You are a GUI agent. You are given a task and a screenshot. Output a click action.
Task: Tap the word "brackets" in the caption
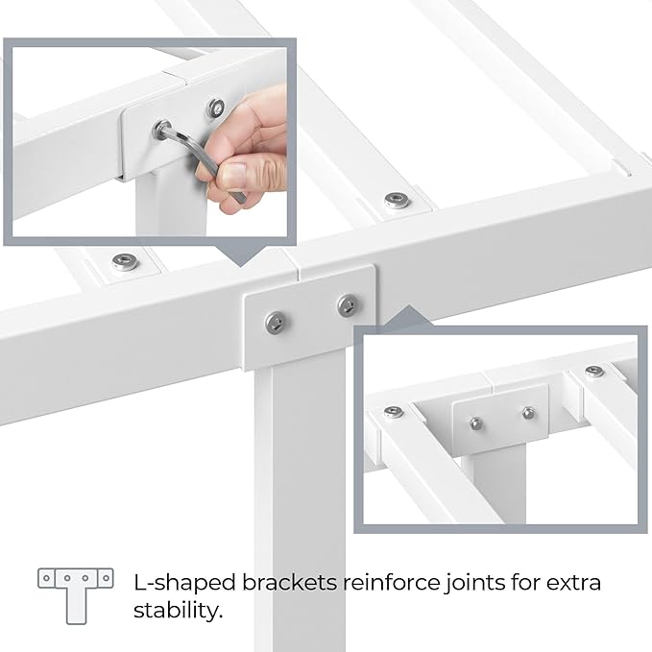coord(289,582)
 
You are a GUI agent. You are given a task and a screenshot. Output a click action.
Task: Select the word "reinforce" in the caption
coord(391,582)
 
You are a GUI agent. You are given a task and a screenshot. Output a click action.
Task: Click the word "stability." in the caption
coord(178,611)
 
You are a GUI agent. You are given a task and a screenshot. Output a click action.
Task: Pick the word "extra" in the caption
coord(573,583)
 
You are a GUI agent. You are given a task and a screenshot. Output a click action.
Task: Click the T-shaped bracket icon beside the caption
coord(76,596)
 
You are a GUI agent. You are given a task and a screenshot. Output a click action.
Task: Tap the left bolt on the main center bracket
coord(276,323)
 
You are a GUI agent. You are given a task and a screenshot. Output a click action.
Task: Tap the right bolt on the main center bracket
coord(348,305)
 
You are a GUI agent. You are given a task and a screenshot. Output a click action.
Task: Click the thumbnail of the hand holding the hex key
coord(150,142)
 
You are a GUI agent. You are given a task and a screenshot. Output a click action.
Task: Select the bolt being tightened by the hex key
coord(162,130)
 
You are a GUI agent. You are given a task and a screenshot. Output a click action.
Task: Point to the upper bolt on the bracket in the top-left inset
coord(216,108)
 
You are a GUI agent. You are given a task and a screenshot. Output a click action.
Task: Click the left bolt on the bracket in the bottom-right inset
coord(476,423)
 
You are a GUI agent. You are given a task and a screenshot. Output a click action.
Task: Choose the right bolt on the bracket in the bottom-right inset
coord(528,413)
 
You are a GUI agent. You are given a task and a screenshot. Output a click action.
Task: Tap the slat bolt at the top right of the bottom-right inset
coord(594,372)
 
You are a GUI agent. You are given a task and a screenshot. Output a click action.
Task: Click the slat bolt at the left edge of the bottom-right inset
coord(394,412)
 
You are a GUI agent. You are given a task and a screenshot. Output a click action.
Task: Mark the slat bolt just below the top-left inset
coord(126,261)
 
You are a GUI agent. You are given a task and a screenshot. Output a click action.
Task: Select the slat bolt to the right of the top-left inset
coord(397,201)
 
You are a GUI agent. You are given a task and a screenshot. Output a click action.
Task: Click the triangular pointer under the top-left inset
coord(242,255)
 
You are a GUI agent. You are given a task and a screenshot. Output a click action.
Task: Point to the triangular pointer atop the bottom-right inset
coord(408,316)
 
